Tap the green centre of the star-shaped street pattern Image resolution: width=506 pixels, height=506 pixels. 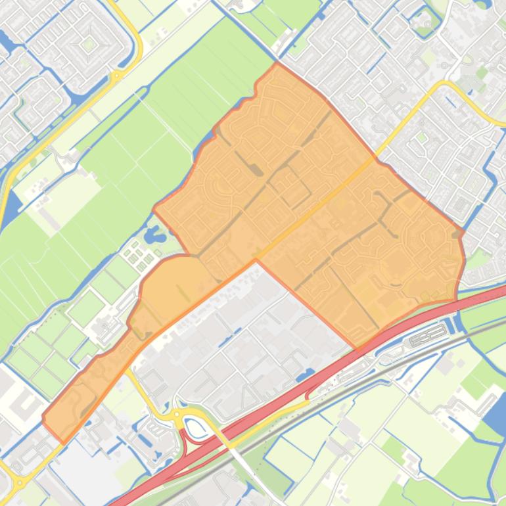[x=88, y=45]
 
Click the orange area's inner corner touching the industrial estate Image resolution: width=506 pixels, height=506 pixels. [x=256, y=260]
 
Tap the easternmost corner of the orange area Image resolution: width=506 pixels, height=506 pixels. [x=464, y=232]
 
